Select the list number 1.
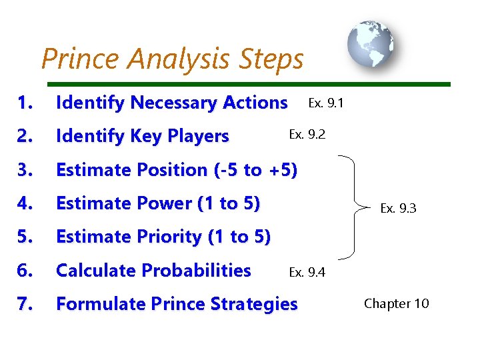pos(25,103)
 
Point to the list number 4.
pos(25,203)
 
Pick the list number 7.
pos(25,304)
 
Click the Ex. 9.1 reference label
pos(325,103)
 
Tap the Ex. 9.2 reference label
pos(307,134)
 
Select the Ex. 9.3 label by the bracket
pos(398,208)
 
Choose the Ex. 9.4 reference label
pos(307,271)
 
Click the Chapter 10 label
pos(396,303)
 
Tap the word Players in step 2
pos(198,137)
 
